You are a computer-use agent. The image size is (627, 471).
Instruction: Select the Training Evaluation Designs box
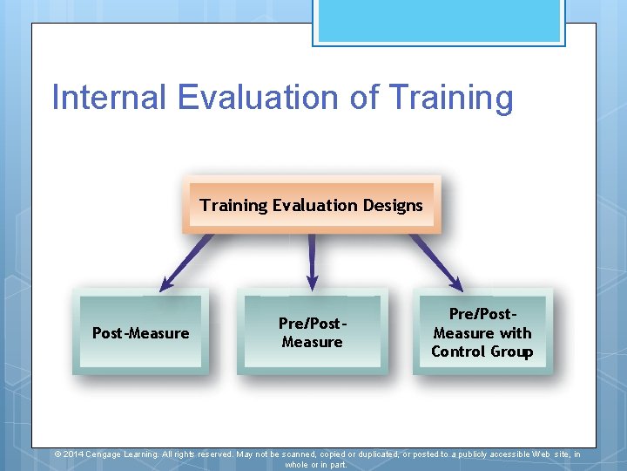pos(311,205)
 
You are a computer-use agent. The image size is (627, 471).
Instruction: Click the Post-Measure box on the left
pos(140,332)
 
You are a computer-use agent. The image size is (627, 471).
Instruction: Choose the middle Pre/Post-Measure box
pos(312,332)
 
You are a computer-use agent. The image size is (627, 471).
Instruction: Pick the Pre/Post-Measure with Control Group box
pos(482,332)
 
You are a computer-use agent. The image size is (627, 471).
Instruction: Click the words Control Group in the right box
pos(482,352)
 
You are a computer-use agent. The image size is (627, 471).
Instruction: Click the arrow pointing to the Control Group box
pos(438,262)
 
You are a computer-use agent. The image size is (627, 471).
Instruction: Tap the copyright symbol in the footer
pos(57,454)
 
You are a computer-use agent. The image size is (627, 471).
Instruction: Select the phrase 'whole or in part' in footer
pos(315,465)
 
